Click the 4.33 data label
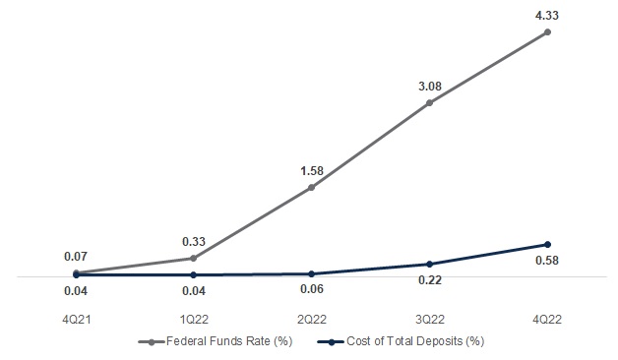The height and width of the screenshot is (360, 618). click(x=547, y=16)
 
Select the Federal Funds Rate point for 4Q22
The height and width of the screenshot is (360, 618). click(x=547, y=31)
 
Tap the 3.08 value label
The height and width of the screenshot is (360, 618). click(x=430, y=87)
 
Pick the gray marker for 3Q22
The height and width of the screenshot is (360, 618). click(x=430, y=103)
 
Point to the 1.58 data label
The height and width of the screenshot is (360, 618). click(x=312, y=171)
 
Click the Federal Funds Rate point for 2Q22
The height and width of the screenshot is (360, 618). click(x=311, y=188)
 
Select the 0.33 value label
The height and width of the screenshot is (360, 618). click(x=194, y=242)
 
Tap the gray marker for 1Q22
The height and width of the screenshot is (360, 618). click(x=193, y=259)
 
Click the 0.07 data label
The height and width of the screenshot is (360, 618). click(x=76, y=257)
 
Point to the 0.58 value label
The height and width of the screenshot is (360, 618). click(x=547, y=261)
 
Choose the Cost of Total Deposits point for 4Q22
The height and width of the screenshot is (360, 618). click(x=547, y=245)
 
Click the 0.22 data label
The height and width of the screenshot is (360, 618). click(x=430, y=280)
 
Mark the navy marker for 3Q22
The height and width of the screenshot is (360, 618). click(x=430, y=264)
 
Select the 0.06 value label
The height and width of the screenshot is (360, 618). click(x=312, y=289)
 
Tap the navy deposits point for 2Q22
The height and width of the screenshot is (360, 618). click(x=311, y=273)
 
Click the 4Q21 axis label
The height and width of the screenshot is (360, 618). click(x=77, y=320)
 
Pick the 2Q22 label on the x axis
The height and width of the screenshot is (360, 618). click(x=312, y=320)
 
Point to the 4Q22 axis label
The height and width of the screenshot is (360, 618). click(x=547, y=320)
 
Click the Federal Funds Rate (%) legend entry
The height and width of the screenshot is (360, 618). click(x=216, y=341)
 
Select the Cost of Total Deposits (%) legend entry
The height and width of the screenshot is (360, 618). click(x=401, y=341)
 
